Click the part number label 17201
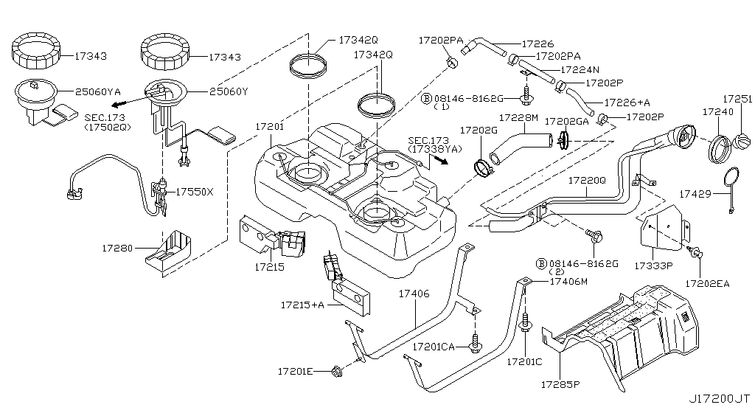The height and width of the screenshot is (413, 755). point(270,127)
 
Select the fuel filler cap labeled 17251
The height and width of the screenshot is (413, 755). point(740,139)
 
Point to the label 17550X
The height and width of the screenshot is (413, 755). point(194,192)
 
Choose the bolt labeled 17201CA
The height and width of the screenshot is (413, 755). point(476,343)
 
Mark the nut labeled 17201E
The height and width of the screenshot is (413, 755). point(335,370)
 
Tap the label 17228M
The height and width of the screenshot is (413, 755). point(519,118)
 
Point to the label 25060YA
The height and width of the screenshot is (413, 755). point(97,92)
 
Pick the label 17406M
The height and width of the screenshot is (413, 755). point(568,281)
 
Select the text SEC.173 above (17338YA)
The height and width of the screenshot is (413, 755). point(425,139)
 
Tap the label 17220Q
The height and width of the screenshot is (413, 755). point(587,179)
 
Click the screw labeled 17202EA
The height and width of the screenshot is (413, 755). point(695,254)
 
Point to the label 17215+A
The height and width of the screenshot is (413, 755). point(300,303)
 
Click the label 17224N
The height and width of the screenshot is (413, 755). point(580,69)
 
